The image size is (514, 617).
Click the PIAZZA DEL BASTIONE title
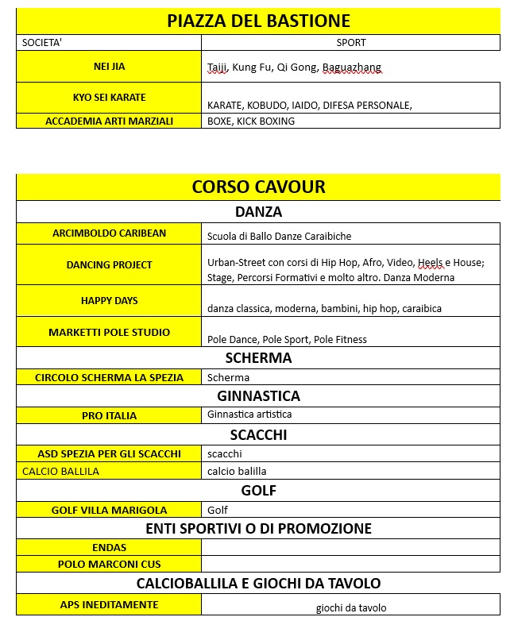(x=258, y=21)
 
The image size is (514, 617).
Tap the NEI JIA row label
(x=109, y=67)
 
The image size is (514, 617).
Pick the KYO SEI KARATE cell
(x=109, y=98)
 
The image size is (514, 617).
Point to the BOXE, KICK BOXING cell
(x=251, y=121)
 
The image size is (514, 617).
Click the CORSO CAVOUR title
(x=258, y=187)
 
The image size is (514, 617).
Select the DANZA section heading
(x=258, y=212)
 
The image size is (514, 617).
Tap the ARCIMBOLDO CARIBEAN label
(x=109, y=233)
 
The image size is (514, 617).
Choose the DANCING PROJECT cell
(x=109, y=265)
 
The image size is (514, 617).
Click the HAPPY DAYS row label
(x=109, y=301)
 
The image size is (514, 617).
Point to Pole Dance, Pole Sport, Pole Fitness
(x=287, y=339)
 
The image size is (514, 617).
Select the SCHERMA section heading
(x=258, y=358)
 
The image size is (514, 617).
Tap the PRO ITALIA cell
(x=109, y=415)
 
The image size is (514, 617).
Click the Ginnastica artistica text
(x=249, y=415)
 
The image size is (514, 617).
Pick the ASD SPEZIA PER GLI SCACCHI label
(x=109, y=454)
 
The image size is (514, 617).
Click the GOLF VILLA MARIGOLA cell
(x=109, y=510)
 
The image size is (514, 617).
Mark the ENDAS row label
(x=109, y=547)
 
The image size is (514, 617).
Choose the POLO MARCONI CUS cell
(x=109, y=565)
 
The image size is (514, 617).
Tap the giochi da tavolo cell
(x=350, y=608)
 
